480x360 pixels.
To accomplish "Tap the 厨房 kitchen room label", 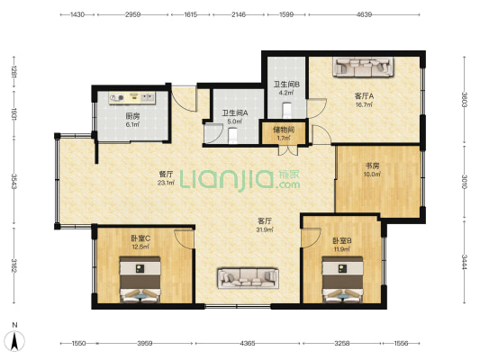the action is coord(132,116).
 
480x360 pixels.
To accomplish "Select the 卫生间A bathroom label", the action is coord(235,113).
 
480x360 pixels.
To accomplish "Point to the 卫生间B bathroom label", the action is coord(286,84).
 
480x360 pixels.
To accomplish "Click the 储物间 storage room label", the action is coord(284,130).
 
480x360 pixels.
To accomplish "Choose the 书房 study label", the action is coord(372,166).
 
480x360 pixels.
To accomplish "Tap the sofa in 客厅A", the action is coord(363,67).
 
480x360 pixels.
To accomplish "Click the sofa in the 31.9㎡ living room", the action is coord(248,278).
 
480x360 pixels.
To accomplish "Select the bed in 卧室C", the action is coord(140,280).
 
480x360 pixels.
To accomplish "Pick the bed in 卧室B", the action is coord(342,280).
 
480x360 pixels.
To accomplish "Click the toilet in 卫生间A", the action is coord(233,136).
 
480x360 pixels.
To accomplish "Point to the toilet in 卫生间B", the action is coord(287,111).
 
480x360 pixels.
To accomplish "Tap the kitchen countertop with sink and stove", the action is coord(132,98).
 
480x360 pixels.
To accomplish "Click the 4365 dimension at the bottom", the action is coord(248,344).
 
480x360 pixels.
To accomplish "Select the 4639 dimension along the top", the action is coord(364,14).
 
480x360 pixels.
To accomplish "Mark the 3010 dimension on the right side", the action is coord(465,182).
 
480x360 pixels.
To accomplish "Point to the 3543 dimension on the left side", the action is coord(14,182).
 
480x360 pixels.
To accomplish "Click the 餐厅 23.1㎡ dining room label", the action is coord(167,178).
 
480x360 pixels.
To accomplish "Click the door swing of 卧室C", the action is coord(185,238).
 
